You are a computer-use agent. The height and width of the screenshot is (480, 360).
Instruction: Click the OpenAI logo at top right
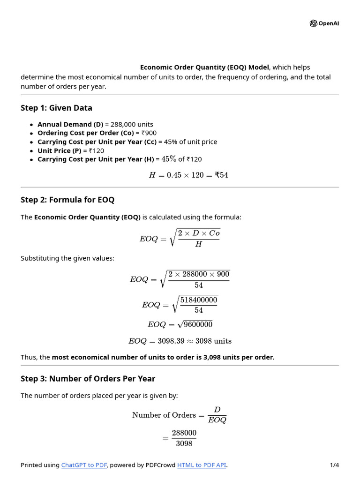[324, 23]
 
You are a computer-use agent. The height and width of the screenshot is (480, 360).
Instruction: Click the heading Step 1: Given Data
[56, 108]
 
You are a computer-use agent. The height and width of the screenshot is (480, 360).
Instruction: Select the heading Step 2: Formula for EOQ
[67, 200]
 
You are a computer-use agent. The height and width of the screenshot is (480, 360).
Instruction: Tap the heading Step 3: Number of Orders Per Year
[88, 378]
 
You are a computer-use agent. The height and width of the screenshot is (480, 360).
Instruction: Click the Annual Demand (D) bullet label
[70, 124]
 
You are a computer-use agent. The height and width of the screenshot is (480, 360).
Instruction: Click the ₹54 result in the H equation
[221, 175]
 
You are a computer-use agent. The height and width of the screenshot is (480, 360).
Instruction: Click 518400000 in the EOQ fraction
[199, 300]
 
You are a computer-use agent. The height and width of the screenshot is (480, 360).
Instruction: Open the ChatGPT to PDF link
[84, 465]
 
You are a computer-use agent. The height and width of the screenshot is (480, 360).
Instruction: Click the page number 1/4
[334, 465]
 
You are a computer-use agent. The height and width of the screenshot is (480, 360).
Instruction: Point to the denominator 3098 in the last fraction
[184, 443]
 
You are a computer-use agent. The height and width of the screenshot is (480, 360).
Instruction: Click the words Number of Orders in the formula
[164, 415]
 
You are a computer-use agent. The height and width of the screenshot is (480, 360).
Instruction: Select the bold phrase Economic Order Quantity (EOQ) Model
[205, 67]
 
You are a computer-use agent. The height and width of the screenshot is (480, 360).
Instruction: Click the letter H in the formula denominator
[198, 244]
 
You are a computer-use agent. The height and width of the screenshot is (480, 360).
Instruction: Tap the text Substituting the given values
[67, 258]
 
